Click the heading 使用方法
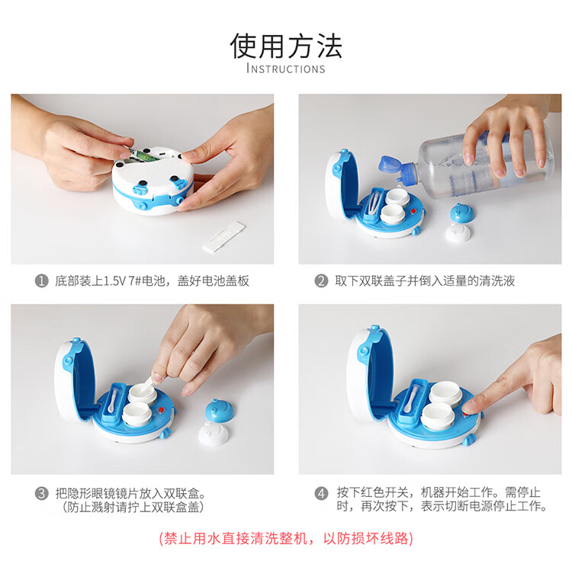click(286, 46)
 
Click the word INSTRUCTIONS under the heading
click(286, 69)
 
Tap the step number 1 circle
click(42, 280)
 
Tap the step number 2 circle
click(321, 280)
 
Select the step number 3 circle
click(42, 494)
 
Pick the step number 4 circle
click(321, 494)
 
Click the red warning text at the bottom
click(286, 538)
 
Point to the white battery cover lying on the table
click(224, 237)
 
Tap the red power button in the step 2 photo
click(413, 212)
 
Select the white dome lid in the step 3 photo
click(214, 432)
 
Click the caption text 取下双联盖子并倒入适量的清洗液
click(425, 280)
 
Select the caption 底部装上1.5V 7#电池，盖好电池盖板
click(152, 280)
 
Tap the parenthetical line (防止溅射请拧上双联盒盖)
click(133, 507)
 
